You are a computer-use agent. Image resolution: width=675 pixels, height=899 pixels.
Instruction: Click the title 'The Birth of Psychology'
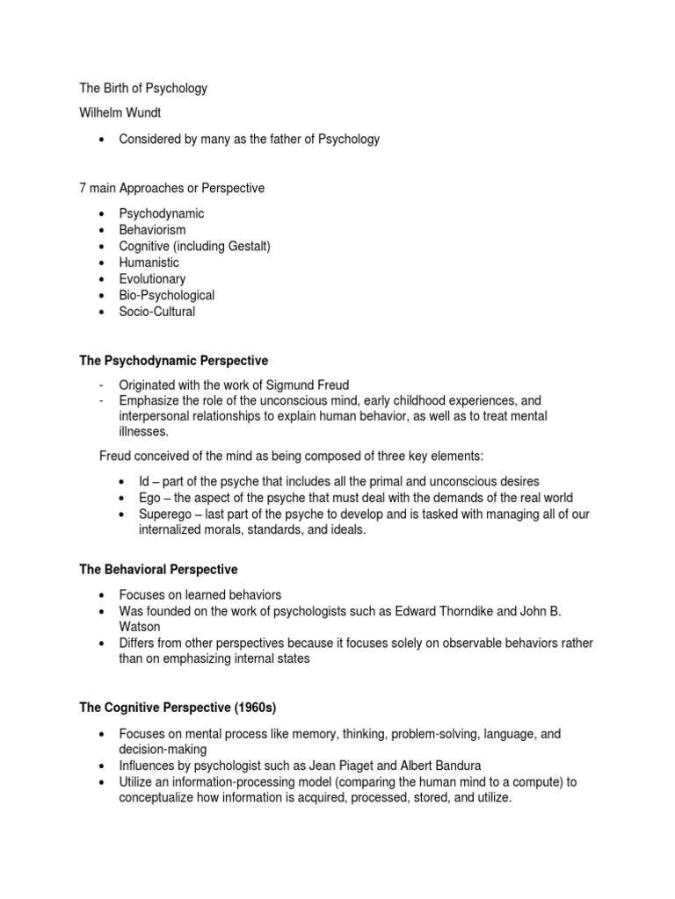point(143,89)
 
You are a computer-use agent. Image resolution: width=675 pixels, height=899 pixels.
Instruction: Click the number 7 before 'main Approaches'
point(83,188)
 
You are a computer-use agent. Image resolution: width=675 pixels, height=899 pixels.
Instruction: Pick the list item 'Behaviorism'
point(153,229)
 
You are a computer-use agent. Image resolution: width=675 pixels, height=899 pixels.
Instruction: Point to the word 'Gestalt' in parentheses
point(246,246)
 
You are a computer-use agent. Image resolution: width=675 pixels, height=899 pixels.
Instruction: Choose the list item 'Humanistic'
point(149,263)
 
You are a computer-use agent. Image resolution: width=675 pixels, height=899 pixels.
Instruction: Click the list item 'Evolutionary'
point(153,278)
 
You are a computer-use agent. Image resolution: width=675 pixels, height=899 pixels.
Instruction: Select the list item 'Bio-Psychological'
point(168,295)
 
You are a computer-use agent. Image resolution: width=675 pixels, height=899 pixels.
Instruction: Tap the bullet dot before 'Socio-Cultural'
point(103,312)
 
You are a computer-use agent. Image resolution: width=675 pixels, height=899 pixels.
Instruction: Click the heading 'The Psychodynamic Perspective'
point(173,361)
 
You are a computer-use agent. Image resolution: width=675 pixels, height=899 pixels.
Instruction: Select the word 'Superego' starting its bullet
point(165,514)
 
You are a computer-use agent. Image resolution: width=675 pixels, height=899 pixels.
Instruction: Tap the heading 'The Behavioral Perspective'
point(158,570)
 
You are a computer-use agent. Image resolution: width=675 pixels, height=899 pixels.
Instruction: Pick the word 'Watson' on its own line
point(140,627)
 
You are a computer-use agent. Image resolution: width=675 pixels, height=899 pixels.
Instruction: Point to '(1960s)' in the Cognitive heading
point(258,708)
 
